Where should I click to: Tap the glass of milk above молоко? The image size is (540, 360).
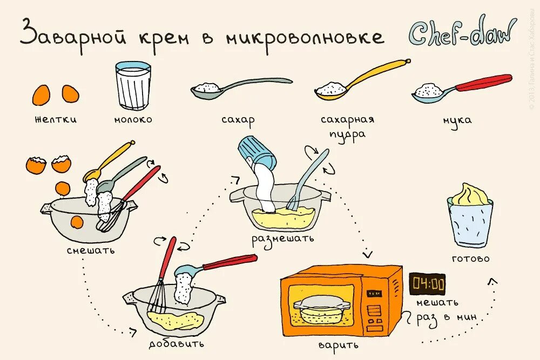click(x=133, y=86)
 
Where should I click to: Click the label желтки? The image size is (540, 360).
click(x=56, y=119)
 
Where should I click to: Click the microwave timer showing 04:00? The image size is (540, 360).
click(x=427, y=283)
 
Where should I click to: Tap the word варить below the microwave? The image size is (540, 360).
click(x=339, y=344)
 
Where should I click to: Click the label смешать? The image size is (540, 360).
click(x=91, y=250)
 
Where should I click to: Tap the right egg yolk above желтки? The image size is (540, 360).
click(x=70, y=94)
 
